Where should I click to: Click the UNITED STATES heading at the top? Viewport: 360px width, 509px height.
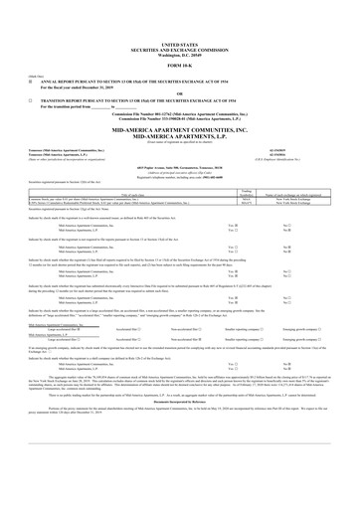[179, 45]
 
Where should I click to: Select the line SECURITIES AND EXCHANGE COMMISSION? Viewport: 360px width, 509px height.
[179, 50]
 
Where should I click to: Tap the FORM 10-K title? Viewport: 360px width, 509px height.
[179, 66]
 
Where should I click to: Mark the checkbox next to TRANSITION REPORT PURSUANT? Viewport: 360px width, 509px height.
[31, 100]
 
